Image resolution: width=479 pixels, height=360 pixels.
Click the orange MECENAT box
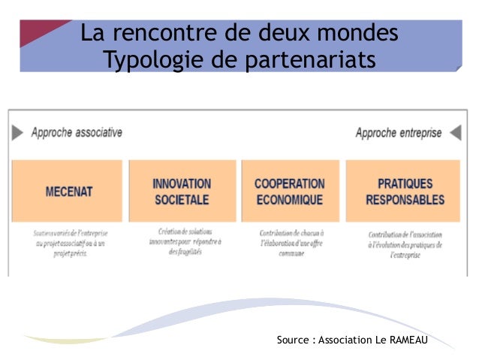(x=68, y=191)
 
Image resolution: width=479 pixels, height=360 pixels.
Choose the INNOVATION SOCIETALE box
(x=182, y=191)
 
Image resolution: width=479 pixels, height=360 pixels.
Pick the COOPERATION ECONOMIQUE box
(x=289, y=191)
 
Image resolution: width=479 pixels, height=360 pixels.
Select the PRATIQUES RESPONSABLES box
(x=405, y=191)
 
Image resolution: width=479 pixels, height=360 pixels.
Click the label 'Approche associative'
(x=77, y=132)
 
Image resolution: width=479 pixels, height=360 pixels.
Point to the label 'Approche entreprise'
(x=398, y=133)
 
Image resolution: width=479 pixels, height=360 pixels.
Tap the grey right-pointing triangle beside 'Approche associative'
(x=18, y=133)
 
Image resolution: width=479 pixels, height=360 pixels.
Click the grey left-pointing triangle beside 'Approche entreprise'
(x=455, y=133)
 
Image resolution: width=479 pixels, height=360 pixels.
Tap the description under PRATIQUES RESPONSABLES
(x=405, y=244)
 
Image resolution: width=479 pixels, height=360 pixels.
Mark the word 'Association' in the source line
(x=345, y=340)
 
